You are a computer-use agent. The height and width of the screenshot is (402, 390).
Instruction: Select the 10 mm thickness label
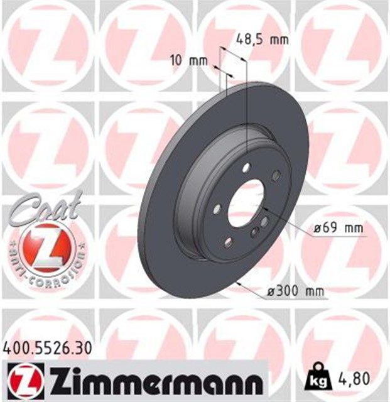pos(188,61)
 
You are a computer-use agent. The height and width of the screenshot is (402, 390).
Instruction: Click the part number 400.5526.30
pos(48,345)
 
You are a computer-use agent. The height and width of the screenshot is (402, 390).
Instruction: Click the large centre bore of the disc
pos(247,202)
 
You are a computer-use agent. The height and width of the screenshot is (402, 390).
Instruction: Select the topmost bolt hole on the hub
pos(246,167)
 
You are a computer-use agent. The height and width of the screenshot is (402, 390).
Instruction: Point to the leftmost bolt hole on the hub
pos(217,209)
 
